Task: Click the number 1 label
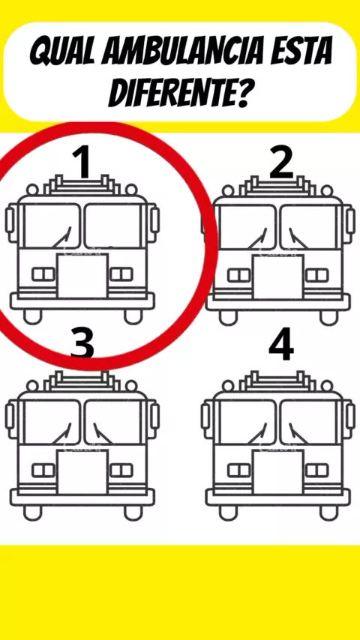click(x=82, y=163)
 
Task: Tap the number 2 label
click(x=281, y=163)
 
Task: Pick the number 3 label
click(x=82, y=345)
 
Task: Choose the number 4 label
click(x=281, y=345)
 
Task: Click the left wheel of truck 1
click(x=32, y=316)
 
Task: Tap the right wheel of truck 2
click(x=329, y=317)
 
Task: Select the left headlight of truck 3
click(x=43, y=470)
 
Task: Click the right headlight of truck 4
click(x=317, y=470)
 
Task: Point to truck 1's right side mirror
click(x=154, y=220)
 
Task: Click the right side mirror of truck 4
click(x=350, y=415)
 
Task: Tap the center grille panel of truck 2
click(x=277, y=277)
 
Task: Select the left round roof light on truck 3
click(x=32, y=385)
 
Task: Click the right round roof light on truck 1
click(x=131, y=190)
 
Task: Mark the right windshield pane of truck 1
click(x=113, y=226)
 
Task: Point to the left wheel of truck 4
click(x=228, y=513)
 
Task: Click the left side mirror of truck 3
click(x=10, y=415)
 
